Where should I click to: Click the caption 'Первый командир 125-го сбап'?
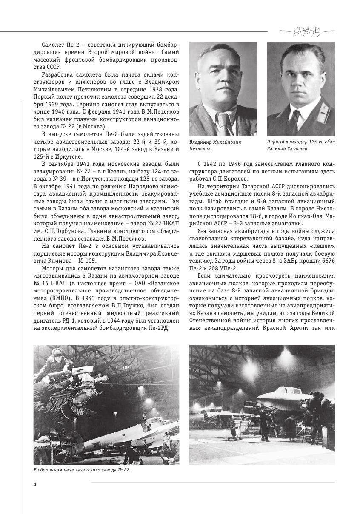(300, 142)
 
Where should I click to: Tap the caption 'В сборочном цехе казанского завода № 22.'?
(81, 470)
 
